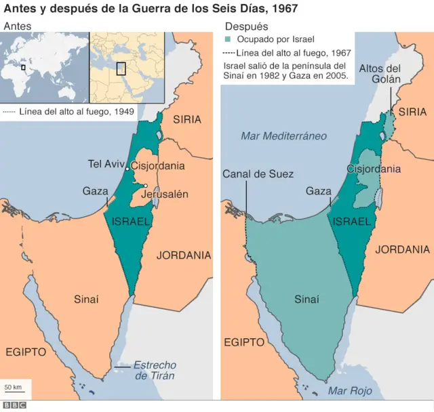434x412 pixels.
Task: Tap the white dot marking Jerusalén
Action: (146, 186)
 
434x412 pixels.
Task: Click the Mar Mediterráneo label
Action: (283, 136)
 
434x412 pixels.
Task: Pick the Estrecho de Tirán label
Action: (154, 370)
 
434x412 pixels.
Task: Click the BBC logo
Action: (14, 405)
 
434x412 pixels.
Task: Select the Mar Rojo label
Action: (347, 391)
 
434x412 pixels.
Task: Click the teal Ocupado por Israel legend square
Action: (228, 41)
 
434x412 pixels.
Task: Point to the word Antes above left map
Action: (18, 26)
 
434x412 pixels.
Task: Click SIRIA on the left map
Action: (187, 119)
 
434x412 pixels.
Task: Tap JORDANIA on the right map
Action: (402, 249)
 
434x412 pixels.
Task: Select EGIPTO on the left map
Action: (26, 352)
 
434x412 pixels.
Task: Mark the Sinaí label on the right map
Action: (307, 299)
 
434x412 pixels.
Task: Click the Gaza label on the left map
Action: (95, 191)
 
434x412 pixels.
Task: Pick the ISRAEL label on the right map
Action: (351, 222)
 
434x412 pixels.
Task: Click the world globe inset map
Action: (45, 68)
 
